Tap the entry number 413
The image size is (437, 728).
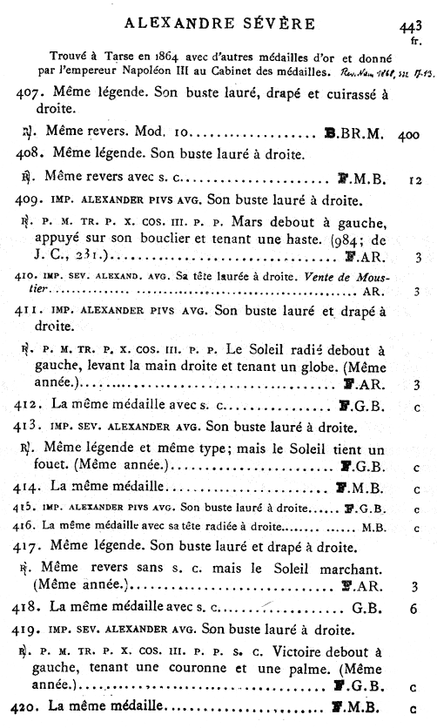click(x=32, y=428)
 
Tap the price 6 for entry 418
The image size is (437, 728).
click(x=418, y=607)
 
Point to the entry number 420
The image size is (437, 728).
click(x=32, y=707)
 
